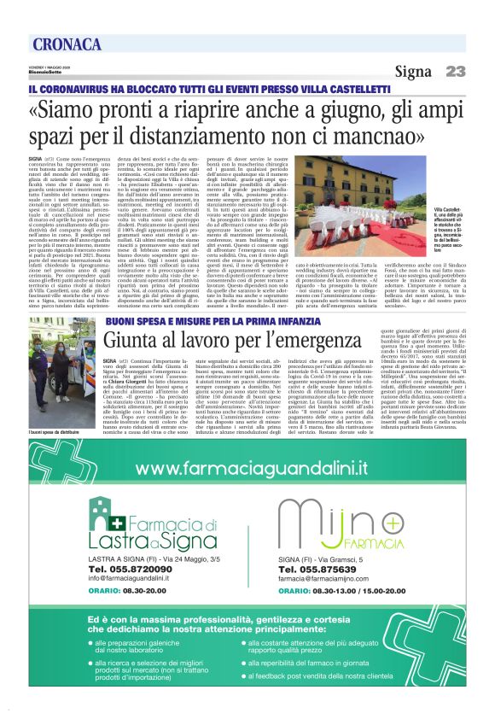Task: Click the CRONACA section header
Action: tap(67, 44)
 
